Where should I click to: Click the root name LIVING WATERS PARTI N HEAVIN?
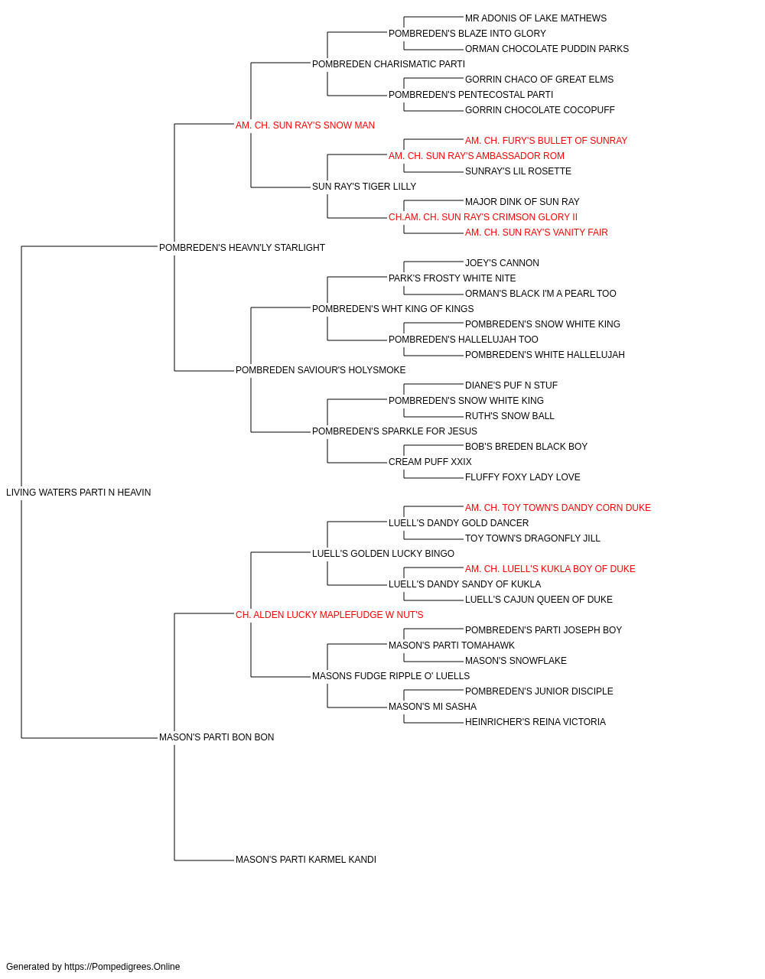(x=78, y=493)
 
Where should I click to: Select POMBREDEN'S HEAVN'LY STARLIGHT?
(x=242, y=248)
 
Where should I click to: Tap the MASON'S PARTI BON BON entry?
(x=216, y=737)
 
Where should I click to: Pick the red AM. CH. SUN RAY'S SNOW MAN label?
(x=305, y=125)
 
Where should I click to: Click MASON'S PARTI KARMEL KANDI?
(x=306, y=860)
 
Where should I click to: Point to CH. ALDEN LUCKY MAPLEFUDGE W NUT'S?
(x=330, y=615)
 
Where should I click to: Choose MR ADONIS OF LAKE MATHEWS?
(x=535, y=18)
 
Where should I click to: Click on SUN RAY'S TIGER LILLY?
(x=364, y=187)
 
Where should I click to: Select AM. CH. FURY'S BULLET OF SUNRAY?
(x=546, y=141)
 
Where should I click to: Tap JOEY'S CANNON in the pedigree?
(x=502, y=263)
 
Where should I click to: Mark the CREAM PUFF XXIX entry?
(x=430, y=462)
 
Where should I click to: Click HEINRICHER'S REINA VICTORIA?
(x=535, y=722)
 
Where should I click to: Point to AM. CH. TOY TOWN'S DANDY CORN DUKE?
(x=558, y=508)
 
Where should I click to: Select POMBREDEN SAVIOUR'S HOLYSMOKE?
(x=321, y=370)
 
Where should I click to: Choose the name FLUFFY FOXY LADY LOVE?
(x=522, y=477)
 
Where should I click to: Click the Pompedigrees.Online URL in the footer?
(x=122, y=967)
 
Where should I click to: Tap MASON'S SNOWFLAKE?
(x=516, y=661)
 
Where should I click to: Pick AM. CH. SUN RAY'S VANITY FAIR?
(x=536, y=233)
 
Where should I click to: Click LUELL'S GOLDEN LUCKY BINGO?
(x=383, y=554)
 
